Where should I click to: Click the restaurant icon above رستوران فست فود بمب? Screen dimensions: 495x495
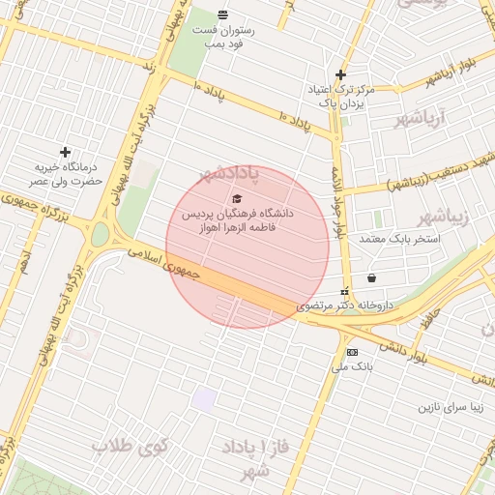[x=223, y=15]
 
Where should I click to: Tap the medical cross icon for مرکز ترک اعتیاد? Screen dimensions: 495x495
[x=340, y=74]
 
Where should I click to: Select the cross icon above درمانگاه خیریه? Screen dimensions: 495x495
[x=65, y=152]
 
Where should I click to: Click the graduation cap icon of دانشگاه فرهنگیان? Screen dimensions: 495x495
[x=237, y=198]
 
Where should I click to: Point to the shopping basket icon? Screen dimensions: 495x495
[x=371, y=278]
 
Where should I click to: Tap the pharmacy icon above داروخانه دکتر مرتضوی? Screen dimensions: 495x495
[x=345, y=292]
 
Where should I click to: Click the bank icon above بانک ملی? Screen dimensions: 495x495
[x=352, y=352]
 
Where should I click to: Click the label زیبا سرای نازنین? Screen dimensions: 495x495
[x=449, y=407]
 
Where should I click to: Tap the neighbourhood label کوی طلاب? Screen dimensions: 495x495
[x=130, y=447]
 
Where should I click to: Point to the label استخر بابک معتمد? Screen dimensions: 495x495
[x=399, y=238]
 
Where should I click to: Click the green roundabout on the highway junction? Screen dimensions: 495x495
[x=101, y=235]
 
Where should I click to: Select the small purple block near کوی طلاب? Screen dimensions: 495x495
[x=202, y=399]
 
